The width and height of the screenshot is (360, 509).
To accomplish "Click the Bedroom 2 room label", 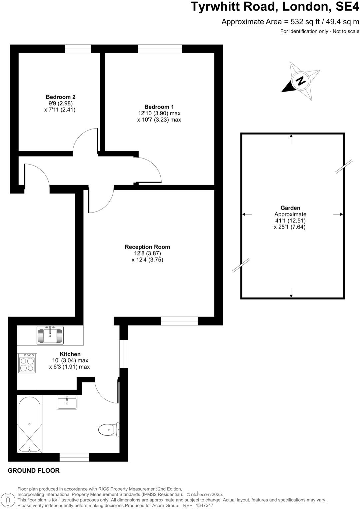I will (61, 97).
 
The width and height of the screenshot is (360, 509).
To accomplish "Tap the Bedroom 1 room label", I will (159, 107).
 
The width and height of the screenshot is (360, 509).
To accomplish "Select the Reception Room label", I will (147, 247).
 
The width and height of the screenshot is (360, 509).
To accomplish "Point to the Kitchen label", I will (70, 354).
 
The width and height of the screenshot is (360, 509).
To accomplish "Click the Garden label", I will (290, 208).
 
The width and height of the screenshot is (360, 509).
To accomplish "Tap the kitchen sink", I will (50, 334).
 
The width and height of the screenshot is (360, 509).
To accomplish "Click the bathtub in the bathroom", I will (29, 423).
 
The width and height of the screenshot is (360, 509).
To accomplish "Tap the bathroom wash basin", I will (67, 402).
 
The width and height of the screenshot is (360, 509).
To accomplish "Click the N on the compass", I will (301, 81).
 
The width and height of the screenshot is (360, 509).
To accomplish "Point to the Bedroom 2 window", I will (78, 49).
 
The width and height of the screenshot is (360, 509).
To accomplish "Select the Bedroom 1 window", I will (160, 49).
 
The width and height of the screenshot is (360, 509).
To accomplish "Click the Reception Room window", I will (179, 321).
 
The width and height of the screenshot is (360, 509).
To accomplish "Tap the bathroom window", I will (74, 457).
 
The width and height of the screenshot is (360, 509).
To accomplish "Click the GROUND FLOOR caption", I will (34, 471).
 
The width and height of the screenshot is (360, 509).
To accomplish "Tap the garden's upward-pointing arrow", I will (291, 139).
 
